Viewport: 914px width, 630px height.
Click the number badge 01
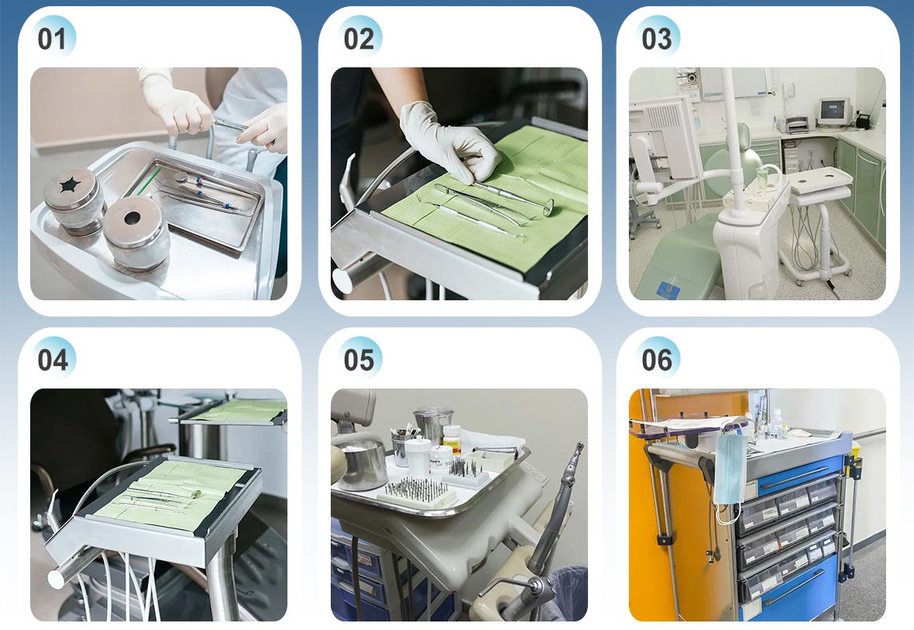click(x=53, y=38)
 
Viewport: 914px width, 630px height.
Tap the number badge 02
click(x=359, y=38)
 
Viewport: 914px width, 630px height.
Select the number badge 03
click(x=657, y=38)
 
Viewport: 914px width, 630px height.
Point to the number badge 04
click(x=53, y=358)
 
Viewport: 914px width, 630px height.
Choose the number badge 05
click(x=359, y=358)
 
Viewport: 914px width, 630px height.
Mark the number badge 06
click(x=657, y=358)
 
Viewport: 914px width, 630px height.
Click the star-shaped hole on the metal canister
click(x=70, y=185)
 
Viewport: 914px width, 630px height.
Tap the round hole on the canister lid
click(x=132, y=218)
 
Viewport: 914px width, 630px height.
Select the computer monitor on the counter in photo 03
click(x=834, y=111)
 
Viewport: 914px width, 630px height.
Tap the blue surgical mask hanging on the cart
click(x=729, y=469)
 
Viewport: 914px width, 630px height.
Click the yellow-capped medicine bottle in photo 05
click(x=452, y=437)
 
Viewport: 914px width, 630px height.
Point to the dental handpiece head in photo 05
click(x=578, y=451)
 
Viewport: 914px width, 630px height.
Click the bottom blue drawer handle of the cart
click(x=795, y=587)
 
